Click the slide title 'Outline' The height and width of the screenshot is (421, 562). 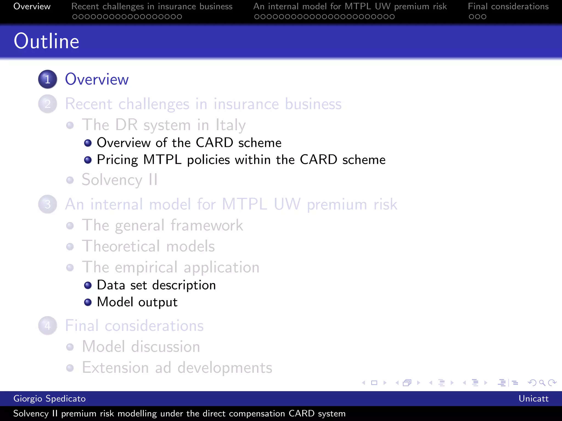point(47,41)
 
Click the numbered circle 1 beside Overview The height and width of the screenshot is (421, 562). point(47,79)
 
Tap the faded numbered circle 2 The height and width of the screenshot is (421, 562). point(47,104)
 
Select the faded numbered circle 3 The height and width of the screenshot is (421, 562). point(47,204)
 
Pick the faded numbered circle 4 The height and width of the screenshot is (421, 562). point(47,326)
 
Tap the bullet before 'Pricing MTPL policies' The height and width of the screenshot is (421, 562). point(88,160)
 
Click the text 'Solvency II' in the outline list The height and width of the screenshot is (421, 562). point(120,180)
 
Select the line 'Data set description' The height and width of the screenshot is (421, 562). point(156,285)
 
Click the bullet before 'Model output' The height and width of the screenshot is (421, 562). point(88,302)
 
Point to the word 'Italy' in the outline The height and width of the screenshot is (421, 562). point(231,125)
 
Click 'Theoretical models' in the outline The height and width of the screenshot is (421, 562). point(148,246)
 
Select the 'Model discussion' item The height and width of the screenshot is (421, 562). point(141,347)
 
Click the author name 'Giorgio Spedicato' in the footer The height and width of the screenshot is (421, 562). point(49,399)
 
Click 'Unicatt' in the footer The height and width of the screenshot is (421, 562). point(533,399)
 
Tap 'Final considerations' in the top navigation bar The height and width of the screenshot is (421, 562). point(508,6)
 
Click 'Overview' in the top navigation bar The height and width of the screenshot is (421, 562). point(32,6)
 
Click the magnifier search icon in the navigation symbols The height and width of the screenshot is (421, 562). point(542,383)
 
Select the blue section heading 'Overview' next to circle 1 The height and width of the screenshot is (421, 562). point(97,79)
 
